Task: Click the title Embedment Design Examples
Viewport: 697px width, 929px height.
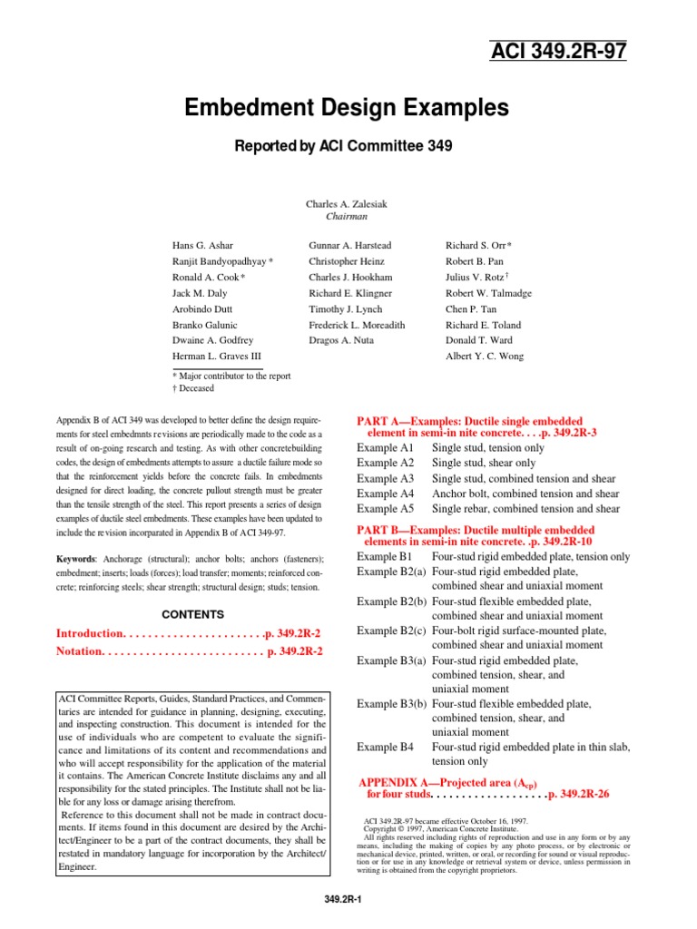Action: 348,109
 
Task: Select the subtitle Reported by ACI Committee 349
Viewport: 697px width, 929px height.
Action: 347,146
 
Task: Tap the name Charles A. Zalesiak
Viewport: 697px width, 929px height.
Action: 347,204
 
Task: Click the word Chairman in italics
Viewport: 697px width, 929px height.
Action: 347,218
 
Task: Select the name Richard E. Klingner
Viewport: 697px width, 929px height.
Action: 350,293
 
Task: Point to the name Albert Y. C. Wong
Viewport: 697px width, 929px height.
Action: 484,357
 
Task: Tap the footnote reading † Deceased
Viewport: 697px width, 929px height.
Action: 193,388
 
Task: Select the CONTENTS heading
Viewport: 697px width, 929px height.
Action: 192,614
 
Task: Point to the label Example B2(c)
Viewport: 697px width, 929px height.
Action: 391,631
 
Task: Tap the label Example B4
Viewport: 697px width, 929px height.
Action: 385,747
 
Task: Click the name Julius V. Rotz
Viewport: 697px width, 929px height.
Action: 476,278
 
